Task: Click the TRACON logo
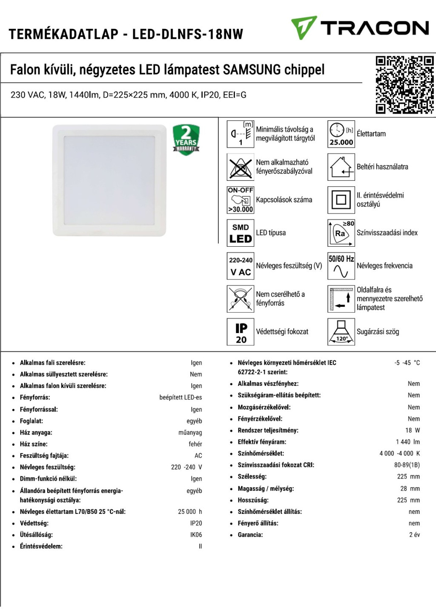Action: pos(360,28)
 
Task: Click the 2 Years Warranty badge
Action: pos(186,140)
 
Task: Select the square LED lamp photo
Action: pos(109,180)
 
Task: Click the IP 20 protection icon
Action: pos(241,332)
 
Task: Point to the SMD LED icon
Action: pos(241,233)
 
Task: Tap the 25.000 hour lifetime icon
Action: pos(341,134)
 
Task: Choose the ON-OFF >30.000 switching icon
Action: pos(241,200)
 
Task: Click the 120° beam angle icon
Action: pos(341,332)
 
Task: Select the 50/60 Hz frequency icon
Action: pos(341,266)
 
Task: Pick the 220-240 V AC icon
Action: pos(241,266)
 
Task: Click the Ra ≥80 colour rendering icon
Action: pos(341,233)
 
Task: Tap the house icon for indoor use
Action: pos(341,167)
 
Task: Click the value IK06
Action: pos(196,535)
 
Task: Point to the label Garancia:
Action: pos(250,535)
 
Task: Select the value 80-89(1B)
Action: pos(407,465)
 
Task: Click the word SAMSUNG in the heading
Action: pos(252,70)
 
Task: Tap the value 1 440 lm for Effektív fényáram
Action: pos(407,442)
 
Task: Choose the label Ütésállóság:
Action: pos(36,535)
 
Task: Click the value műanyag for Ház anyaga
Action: pos(190,433)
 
